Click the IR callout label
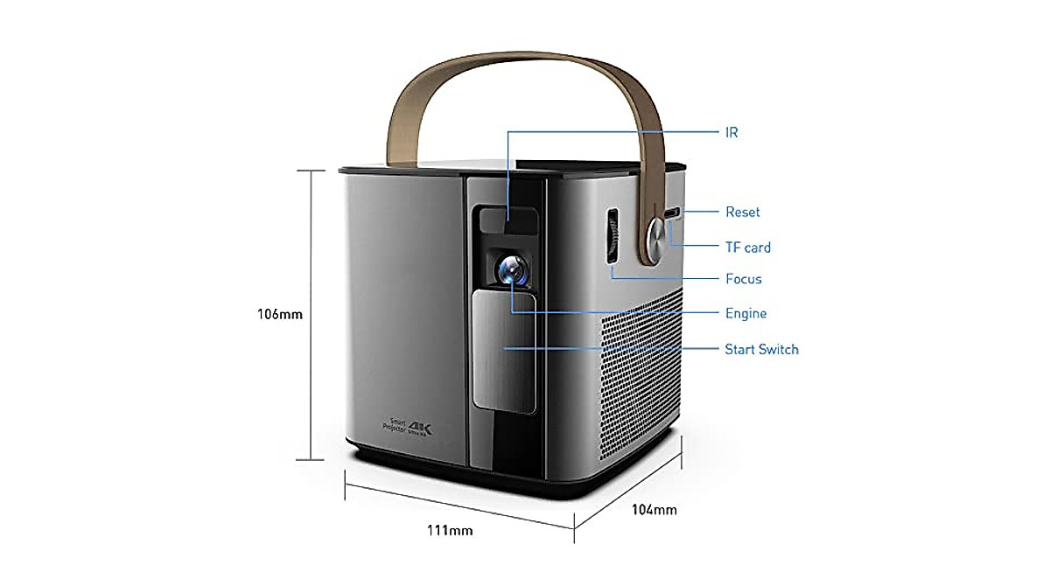(x=731, y=132)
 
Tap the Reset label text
(x=742, y=212)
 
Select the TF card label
(x=748, y=248)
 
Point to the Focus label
(x=743, y=279)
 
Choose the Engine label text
(x=745, y=313)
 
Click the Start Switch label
(x=761, y=349)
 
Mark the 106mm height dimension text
(x=280, y=313)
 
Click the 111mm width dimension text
(x=451, y=530)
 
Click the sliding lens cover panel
(x=504, y=350)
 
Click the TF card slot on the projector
(x=673, y=213)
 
